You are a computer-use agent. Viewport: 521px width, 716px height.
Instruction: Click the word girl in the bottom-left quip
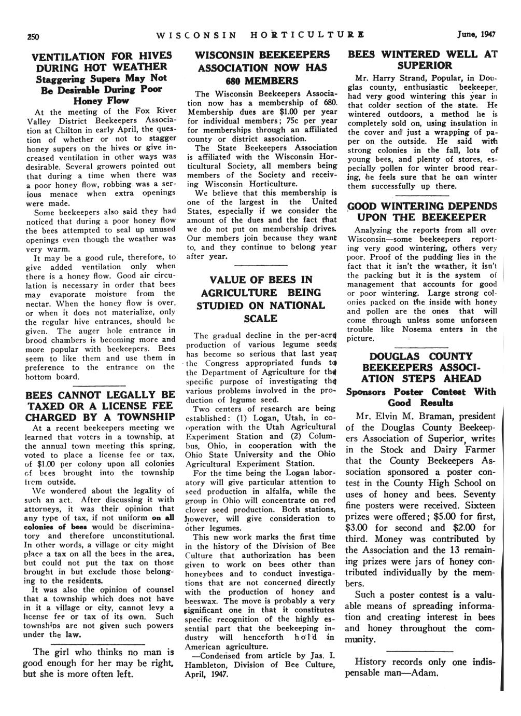66,652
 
